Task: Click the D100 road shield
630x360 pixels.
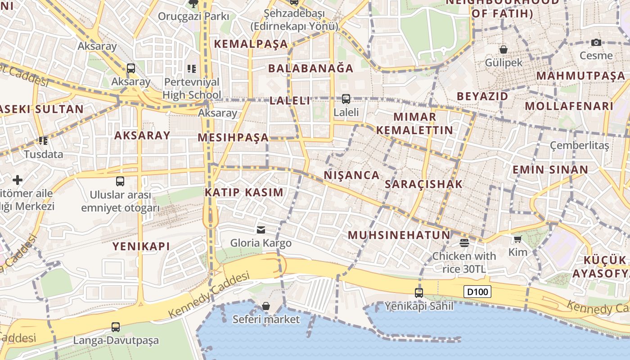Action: pos(477,292)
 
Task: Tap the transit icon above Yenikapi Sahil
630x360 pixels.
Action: pos(419,293)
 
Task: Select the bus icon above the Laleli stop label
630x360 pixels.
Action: pos(346,99)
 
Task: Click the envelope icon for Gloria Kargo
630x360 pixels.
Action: pos(261,230)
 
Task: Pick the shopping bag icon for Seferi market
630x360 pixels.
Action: pos(266,306)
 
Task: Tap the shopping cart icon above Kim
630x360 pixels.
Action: pos(517,239)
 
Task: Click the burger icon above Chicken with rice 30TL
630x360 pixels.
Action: pos(464,243)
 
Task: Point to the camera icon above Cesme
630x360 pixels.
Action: pos(596,43)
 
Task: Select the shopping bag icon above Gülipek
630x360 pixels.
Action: pos(504,49)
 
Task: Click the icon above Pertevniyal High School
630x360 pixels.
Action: pos(192,69)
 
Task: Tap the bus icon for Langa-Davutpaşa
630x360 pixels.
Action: pos(116,327)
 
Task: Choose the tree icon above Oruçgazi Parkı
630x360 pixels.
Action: pos(193,4)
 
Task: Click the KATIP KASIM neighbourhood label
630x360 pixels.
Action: pos(244,193)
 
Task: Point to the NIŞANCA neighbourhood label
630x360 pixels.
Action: pos(352,175)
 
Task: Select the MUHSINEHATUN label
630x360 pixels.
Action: pos(399,235)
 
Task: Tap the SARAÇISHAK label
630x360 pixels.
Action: pos(424,184)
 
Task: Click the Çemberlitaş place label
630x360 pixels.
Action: pos(580,145)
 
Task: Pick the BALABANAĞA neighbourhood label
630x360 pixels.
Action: pos(311,68)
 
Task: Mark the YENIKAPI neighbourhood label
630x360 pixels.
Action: pos(141,246)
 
